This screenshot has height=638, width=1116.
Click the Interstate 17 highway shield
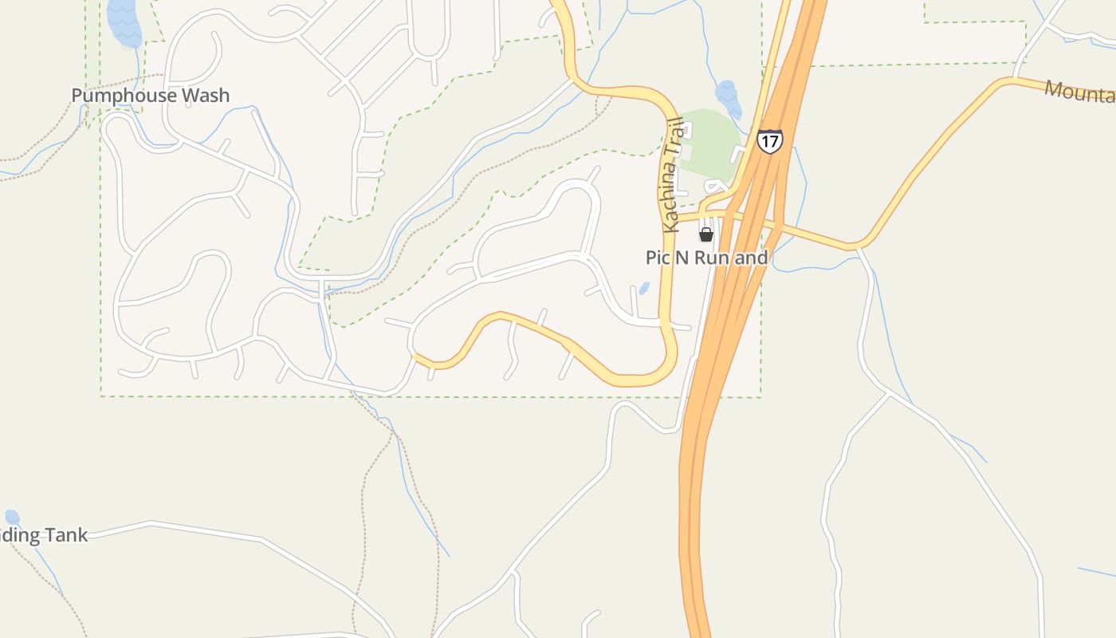(770, 141)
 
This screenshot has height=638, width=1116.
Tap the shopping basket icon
(705, 234)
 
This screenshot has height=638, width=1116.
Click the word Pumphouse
(124, 96)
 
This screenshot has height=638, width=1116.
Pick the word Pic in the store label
(658, 258)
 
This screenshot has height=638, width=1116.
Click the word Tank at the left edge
(66, 535)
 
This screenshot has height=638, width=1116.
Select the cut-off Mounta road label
(1080, 92)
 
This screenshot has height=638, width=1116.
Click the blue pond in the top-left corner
(124, 22)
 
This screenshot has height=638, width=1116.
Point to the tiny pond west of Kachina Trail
(644, 288)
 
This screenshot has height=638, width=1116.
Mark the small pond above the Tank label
(12, 517)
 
